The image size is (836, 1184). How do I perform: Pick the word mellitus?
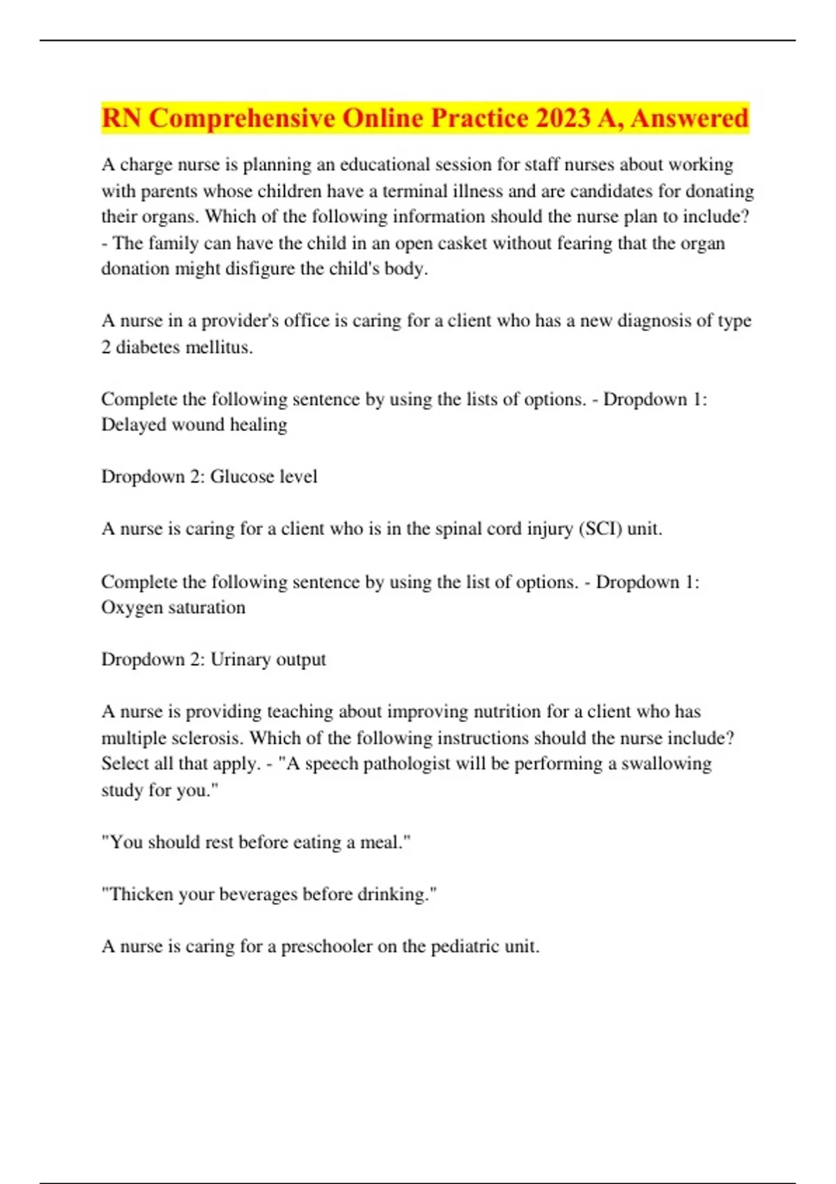pyautogui.click(x=217, y=347)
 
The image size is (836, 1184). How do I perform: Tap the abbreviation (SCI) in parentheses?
pyautogui.click(x=601, y=529)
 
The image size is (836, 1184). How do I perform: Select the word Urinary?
pyautogui.click(x=243, y=660)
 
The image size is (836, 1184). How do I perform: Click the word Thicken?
pyautogui.click(x=142, y=894)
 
